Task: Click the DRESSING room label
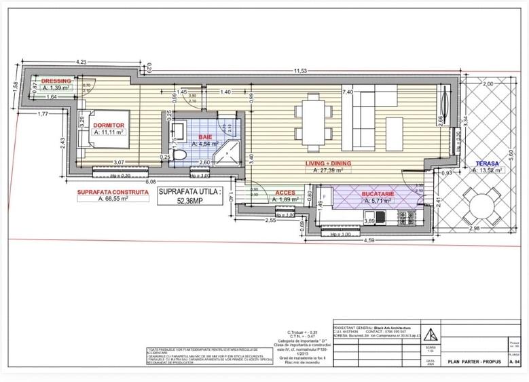coord(56,80)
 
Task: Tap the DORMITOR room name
coord(108,126)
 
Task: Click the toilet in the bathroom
coord(180,155)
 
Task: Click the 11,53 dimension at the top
coord(298,71)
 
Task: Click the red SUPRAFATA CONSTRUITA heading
coord(113,192)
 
